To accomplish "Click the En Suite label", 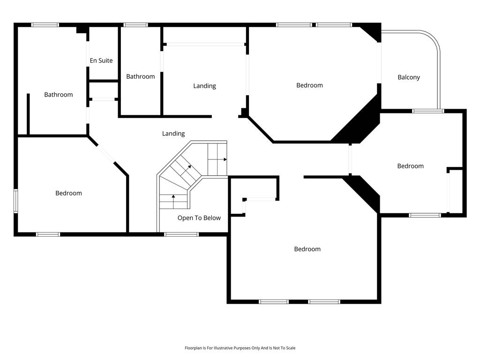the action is tap(101, 60).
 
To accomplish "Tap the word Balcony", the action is tap(409, 77).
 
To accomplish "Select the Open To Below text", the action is tap(199, 218).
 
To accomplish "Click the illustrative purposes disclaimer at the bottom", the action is tap(240, 348).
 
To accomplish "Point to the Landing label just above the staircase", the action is tap(173, 134).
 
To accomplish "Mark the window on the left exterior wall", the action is tap(15, 201).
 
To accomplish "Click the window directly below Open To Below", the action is tap(181, 234).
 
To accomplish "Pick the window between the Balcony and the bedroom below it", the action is tap(427, 111).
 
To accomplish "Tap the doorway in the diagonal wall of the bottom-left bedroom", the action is tap(105, 154).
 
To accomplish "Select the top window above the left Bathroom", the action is tap(45, 25).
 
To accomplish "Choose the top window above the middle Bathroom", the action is tap(135, 25).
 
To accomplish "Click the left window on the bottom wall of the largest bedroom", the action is tap(274, 302).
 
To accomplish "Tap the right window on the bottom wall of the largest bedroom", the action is tap(324, 302).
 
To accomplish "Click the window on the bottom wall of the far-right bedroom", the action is tap(425, 215).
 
